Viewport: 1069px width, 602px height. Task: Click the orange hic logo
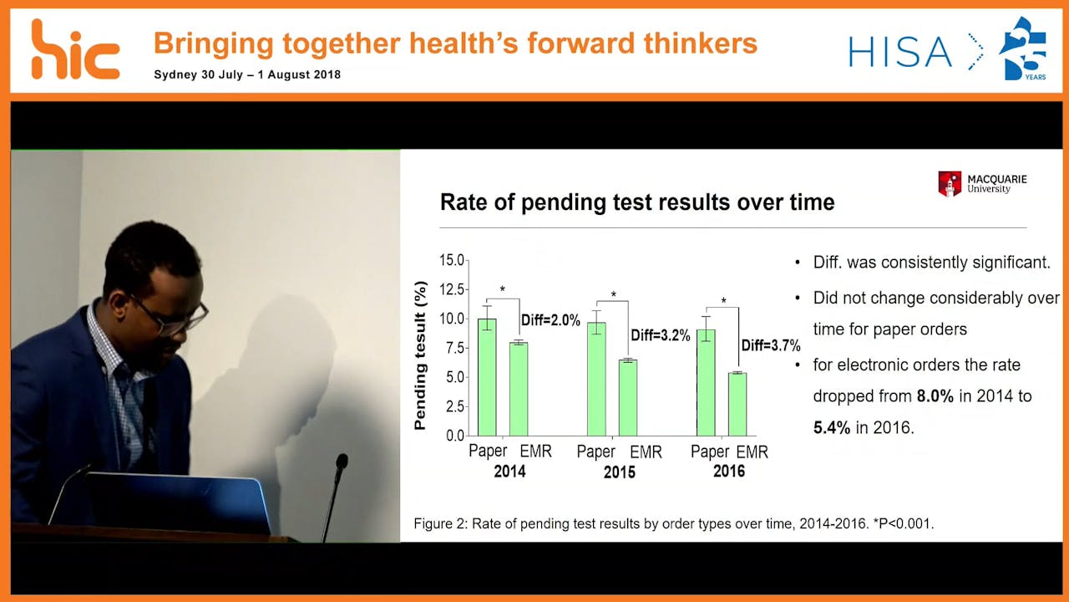click(x=75, y=50)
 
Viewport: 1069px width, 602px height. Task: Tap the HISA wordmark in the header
click(x=900, y=52)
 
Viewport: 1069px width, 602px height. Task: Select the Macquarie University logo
click(x=982, y=183)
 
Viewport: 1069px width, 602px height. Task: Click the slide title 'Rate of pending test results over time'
click(x=636, y=202)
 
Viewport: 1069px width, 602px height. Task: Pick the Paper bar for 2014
click(x=487, y=377)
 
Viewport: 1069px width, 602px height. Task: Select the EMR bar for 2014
click(x=519, y=389)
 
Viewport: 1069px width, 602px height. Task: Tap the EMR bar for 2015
click(x=627, y=398)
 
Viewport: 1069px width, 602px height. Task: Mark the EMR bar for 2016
click(x=737, y=404)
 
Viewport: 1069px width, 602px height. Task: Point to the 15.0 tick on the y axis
click(x=451, y=261)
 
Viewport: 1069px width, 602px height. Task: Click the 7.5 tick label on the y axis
click(x=453, y=348)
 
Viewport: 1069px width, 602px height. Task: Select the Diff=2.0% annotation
click(x=550, y=320)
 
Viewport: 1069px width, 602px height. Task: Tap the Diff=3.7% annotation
click(x=771, y=345)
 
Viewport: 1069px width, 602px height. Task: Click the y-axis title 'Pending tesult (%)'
click(x=420, y=355)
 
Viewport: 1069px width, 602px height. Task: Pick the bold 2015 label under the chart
click(x=619, y=472)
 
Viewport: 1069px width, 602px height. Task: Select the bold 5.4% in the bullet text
click(x=831, y=428)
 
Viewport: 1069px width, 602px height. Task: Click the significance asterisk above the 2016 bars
click(x=723, y=301)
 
